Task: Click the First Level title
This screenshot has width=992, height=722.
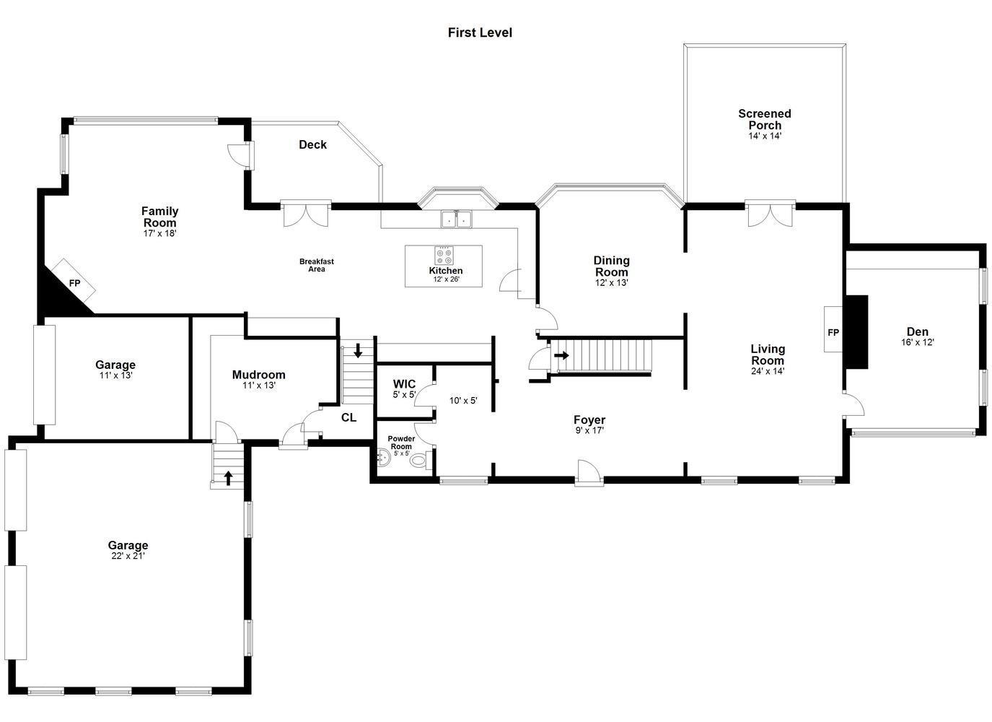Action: [x=480, y=32]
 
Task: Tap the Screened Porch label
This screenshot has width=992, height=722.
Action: [x=764, y=120]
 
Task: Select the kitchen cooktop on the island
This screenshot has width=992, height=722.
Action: [x=444, y=256]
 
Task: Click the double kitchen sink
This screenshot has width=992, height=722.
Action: [x=456, y=219]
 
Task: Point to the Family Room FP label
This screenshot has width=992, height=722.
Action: [x=74, y=283]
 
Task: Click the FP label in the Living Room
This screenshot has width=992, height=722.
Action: [x=833, y=332]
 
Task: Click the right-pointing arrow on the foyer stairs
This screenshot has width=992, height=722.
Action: [x=561, y=355]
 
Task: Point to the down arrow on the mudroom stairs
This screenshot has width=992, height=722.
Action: [x=358, y=351]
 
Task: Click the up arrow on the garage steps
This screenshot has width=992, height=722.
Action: [x=228, y=478]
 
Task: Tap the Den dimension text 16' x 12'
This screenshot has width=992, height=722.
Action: [x=917, y=343]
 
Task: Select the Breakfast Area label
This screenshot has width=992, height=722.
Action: [x=316, y=265]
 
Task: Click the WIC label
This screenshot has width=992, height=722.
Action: [x=404, y=384]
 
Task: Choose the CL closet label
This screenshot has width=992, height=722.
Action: [x=348, y=417]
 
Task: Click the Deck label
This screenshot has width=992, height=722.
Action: [x=312, y=144]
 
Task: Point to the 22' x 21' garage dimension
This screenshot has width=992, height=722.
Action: [x=128, y=556]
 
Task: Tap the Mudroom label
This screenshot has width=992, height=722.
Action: [x=258, y=375]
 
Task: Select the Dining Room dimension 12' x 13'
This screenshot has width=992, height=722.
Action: [x=611, y=283]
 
